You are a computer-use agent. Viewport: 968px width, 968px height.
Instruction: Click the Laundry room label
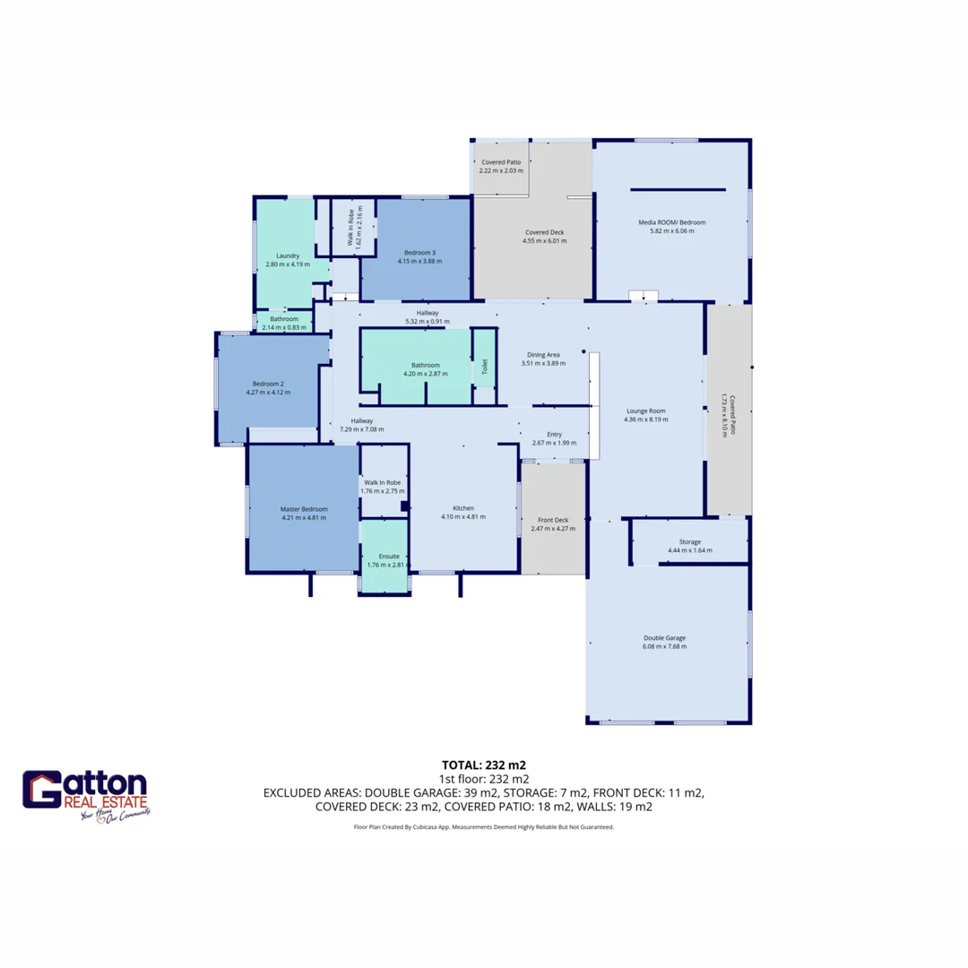[x=288, y=255]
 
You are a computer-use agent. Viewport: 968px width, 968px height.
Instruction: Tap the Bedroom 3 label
[x=420, y=252]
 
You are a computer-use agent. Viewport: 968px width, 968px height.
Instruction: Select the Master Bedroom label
[x=304, y=508]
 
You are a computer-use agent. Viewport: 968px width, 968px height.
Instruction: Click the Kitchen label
[x=463, y=508]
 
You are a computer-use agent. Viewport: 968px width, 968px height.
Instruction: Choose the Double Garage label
[x=664, y=638]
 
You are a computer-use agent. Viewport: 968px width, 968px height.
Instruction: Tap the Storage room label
[x=689, y=541]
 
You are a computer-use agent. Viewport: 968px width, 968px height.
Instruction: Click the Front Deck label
[x=553, y=520]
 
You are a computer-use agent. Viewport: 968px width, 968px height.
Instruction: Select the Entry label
[x=554, y=434]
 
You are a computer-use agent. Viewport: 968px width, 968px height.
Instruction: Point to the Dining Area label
[x=544, y=354]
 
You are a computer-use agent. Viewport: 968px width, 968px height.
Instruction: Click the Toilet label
[x=484, y=366]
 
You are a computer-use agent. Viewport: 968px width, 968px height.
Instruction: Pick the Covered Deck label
[x=545, y=231]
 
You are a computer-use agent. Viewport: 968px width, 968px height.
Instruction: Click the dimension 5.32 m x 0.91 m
[x=428, y=321]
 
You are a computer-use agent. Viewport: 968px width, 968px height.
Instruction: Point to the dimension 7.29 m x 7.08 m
[x=362, y=429]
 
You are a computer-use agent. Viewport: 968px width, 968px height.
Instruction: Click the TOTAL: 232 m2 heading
[x=484, y=765]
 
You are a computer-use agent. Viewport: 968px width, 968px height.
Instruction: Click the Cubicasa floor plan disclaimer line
[x=484, y=827]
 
